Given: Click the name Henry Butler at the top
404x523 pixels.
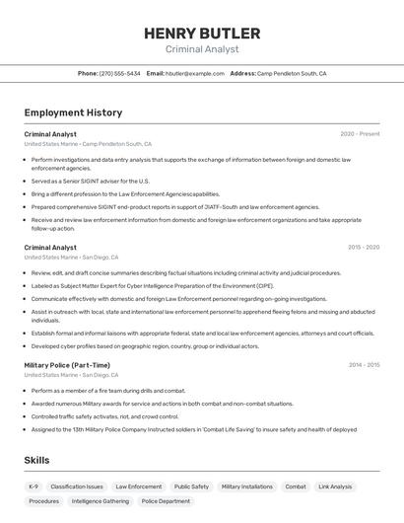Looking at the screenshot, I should (x=202, y=33).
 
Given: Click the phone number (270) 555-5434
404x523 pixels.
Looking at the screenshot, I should (x=120, y=73).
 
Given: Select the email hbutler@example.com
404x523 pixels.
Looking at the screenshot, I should (x=195, y=73).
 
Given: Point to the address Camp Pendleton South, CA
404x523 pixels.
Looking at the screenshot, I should (x=292, y=73).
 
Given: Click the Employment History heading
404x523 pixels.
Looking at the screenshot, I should (x=73, y=112).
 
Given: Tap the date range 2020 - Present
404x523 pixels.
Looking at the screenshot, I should (x=360, y=134).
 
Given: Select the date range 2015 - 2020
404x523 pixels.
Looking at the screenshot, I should (x=364, y=248).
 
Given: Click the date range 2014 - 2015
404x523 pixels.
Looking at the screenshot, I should (x=364, y=365).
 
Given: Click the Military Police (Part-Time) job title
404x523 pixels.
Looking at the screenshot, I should (x=67, y=365).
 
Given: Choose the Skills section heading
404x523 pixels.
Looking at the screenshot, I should (x=37, y=460).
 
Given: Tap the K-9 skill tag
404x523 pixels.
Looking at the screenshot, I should (x=34, y=486).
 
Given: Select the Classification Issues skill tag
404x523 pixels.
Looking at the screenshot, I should (x=77, y=486).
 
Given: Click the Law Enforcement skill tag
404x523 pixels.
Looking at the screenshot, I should (x=139, y=486).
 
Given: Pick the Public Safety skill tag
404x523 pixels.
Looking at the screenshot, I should (x=191, y=486).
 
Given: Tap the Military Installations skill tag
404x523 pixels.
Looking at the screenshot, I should (x=246, y=486).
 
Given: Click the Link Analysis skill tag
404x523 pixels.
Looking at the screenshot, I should (x=335, y=486).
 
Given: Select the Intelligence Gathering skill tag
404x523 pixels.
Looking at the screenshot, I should (x=101, y=501).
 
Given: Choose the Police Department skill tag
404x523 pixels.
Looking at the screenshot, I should (x=166, y=501).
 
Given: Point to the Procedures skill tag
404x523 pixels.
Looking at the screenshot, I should (x=43, y=501).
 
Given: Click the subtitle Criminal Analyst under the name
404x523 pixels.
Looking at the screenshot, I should (x=202, y=49).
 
